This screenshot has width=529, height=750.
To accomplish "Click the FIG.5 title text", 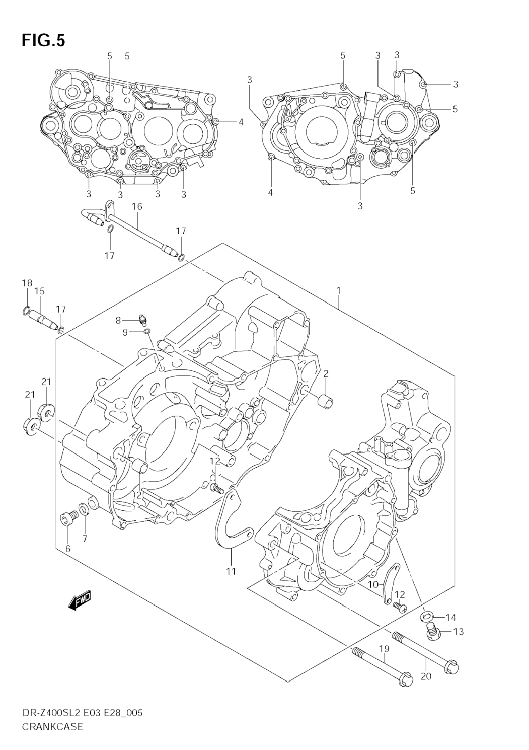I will [x=43, y=41].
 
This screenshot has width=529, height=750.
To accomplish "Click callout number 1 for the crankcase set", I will [x=339, y=290].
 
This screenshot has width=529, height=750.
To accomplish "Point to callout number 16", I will [x=137, y=206].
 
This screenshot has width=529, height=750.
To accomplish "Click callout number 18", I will [x=28, y=283].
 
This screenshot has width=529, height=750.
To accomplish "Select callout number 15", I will [x=40, y=291].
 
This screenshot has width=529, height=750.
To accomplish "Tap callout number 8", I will [x=118, y=321].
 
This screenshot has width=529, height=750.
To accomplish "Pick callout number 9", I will [x=125, y=333].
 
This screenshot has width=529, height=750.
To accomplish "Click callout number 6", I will [x=68, y=549].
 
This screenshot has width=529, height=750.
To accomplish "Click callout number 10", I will [x=373, y=584].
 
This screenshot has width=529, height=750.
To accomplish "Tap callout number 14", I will [x=451, y=617].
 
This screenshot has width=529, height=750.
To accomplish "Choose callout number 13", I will [x=458, y=632].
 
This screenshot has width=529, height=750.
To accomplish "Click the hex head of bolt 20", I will [x=452, y=667].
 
